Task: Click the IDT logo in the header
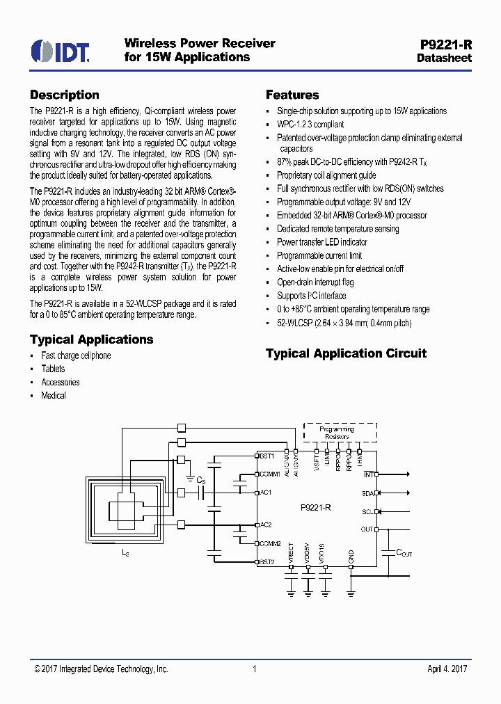click(60, 50)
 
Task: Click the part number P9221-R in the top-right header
click(446, 44)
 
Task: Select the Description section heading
click(65, 95)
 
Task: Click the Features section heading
click(292, 95)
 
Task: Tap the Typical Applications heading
click(91, 339)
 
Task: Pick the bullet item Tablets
click(53, 369)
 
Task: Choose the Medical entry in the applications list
click(54, 395)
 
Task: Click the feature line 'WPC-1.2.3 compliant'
click(310, 125)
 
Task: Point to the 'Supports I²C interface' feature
click(311, 296)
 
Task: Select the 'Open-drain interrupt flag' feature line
click(315, 282)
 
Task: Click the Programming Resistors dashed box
click(341, 432)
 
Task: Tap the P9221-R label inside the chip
click(316, 509)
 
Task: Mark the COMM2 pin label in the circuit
click(270, 543)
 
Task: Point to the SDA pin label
click(367, 493)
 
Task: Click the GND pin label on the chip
click(351, 556)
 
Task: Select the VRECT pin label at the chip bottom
click(292, 554)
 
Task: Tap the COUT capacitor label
click(404, 553)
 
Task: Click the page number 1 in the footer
click(255, 669)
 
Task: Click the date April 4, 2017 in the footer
click(447, 669)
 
